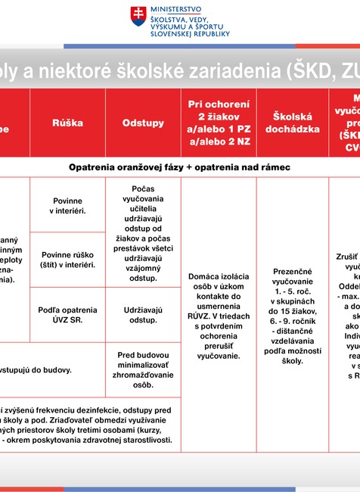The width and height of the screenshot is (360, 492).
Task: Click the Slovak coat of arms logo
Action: coord(138,17)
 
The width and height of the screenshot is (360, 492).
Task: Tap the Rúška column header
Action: coord(67,123)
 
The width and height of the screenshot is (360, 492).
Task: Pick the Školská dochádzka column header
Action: coord(290,123)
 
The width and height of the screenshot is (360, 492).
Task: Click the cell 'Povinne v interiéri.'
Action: coord(67,205)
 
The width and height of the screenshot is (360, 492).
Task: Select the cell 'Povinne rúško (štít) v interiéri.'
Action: coord(67,260)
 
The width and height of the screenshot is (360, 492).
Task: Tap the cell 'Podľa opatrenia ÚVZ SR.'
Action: coord(67,315)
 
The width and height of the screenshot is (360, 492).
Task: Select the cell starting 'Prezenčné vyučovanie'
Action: coord(291,316)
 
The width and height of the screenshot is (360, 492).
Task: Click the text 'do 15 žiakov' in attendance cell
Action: coord(291,310)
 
